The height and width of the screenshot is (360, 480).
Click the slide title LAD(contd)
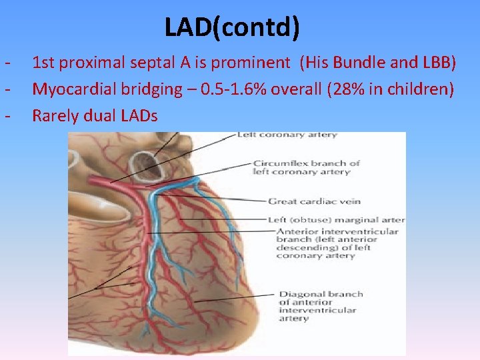(x=232, y=27)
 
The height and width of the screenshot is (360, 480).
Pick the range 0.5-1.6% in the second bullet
(x=238, y=89)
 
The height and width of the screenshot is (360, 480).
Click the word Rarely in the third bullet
(x=55, y=116)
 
